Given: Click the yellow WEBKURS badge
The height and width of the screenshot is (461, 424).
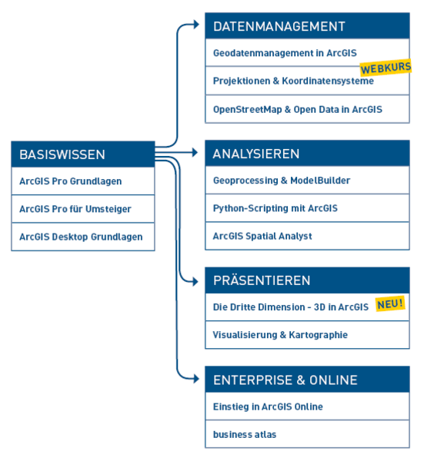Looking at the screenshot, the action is click(x=386, y=68).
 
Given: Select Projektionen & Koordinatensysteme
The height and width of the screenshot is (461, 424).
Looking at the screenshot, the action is click(x=293, y=81).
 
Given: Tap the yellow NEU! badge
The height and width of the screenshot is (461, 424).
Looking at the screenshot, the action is click(x=390, y=303).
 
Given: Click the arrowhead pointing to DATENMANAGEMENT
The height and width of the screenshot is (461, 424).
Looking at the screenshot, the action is click(x=195, y=25).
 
